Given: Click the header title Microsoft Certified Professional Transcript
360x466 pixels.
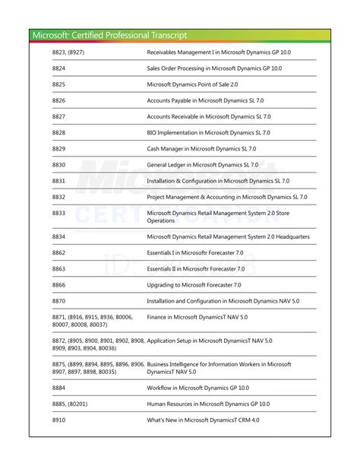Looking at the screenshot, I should click(110, 35).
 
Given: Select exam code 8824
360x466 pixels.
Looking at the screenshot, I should click(59, 68).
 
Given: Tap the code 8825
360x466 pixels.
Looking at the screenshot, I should click(59, 84).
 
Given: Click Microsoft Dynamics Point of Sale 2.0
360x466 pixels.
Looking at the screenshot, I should click(192, 84).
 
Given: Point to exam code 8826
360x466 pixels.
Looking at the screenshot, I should click(59, 100).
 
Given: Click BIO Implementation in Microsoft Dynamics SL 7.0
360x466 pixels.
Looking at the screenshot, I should click(209, 132).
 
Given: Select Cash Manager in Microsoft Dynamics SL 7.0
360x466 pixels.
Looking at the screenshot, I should click(202, 148).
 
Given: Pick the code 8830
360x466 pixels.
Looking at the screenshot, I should click(59, 164).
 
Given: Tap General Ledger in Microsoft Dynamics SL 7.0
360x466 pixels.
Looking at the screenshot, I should click(203, 164).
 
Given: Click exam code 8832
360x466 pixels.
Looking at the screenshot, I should click(59, 196).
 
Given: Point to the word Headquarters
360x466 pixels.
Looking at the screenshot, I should click(292, 236).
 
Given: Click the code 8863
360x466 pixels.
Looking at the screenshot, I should click(59, 268).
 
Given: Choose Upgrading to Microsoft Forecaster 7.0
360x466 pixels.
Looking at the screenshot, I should click(194, 284).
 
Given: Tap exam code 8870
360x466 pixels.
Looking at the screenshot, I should click(59, 300).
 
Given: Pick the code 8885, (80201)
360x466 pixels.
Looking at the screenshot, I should click(70, 404).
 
